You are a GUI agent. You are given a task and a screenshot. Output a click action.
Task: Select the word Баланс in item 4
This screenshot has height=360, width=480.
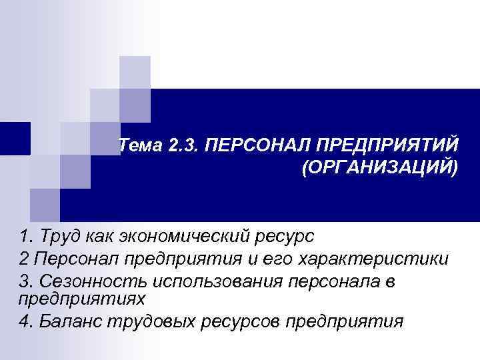[67, 321]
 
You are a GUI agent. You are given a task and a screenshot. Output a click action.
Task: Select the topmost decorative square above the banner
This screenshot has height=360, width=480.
[135, 71]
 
